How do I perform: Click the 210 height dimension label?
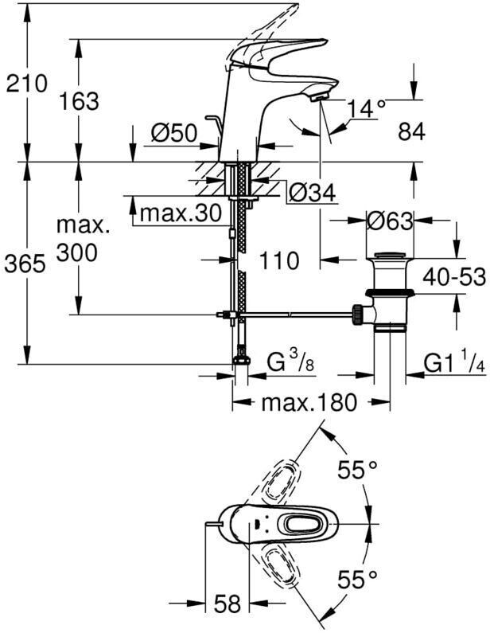[x=25, y=84]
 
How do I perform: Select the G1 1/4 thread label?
[x=453, y=364]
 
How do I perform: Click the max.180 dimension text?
[x=309, y=403]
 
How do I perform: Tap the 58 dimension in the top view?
[x=227, y=604]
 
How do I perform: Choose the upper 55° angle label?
[x=355, y=471]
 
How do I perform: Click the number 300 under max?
[x=78, y=253]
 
